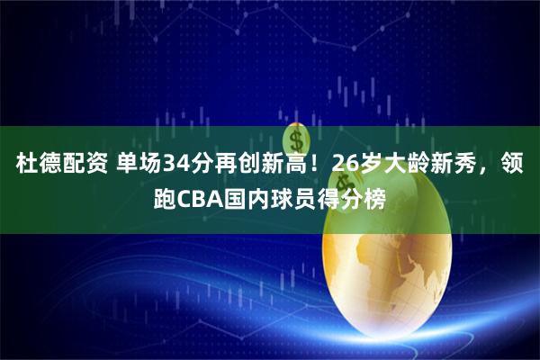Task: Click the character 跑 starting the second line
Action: click(166, 198)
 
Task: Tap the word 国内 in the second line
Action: click(251, 198)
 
